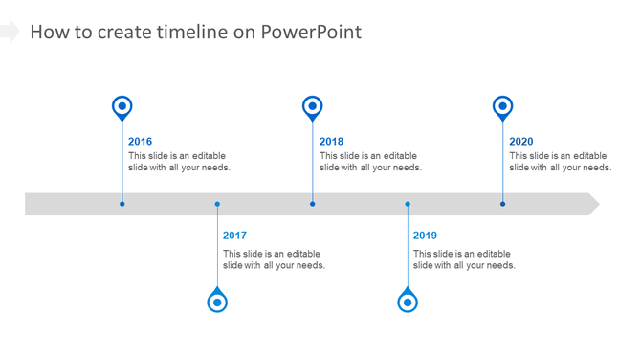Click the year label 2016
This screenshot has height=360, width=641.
pos(140,142)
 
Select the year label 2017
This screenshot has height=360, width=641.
pos(234,236)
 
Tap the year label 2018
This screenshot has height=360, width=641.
pos(331,142)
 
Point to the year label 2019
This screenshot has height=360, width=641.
pos(425,236)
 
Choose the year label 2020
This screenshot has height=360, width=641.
pos(521,142)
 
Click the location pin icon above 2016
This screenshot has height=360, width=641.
pos(122,107)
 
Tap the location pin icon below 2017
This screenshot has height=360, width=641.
pos(217,302)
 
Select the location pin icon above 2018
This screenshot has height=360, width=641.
pos(312,107)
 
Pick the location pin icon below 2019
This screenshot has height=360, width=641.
pos(408,302)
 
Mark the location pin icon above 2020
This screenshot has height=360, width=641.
pos(502,107)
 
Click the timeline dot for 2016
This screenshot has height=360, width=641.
pos(122,204)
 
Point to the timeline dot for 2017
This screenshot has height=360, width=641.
pos(217,204)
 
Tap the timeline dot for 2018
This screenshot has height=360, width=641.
pos(312,204)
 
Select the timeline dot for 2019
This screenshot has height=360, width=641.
pos(408,204)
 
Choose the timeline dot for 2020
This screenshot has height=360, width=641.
pos(502,204)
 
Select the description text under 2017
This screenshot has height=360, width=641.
pos(274,259)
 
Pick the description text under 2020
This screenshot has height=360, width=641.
pos(560,162)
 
